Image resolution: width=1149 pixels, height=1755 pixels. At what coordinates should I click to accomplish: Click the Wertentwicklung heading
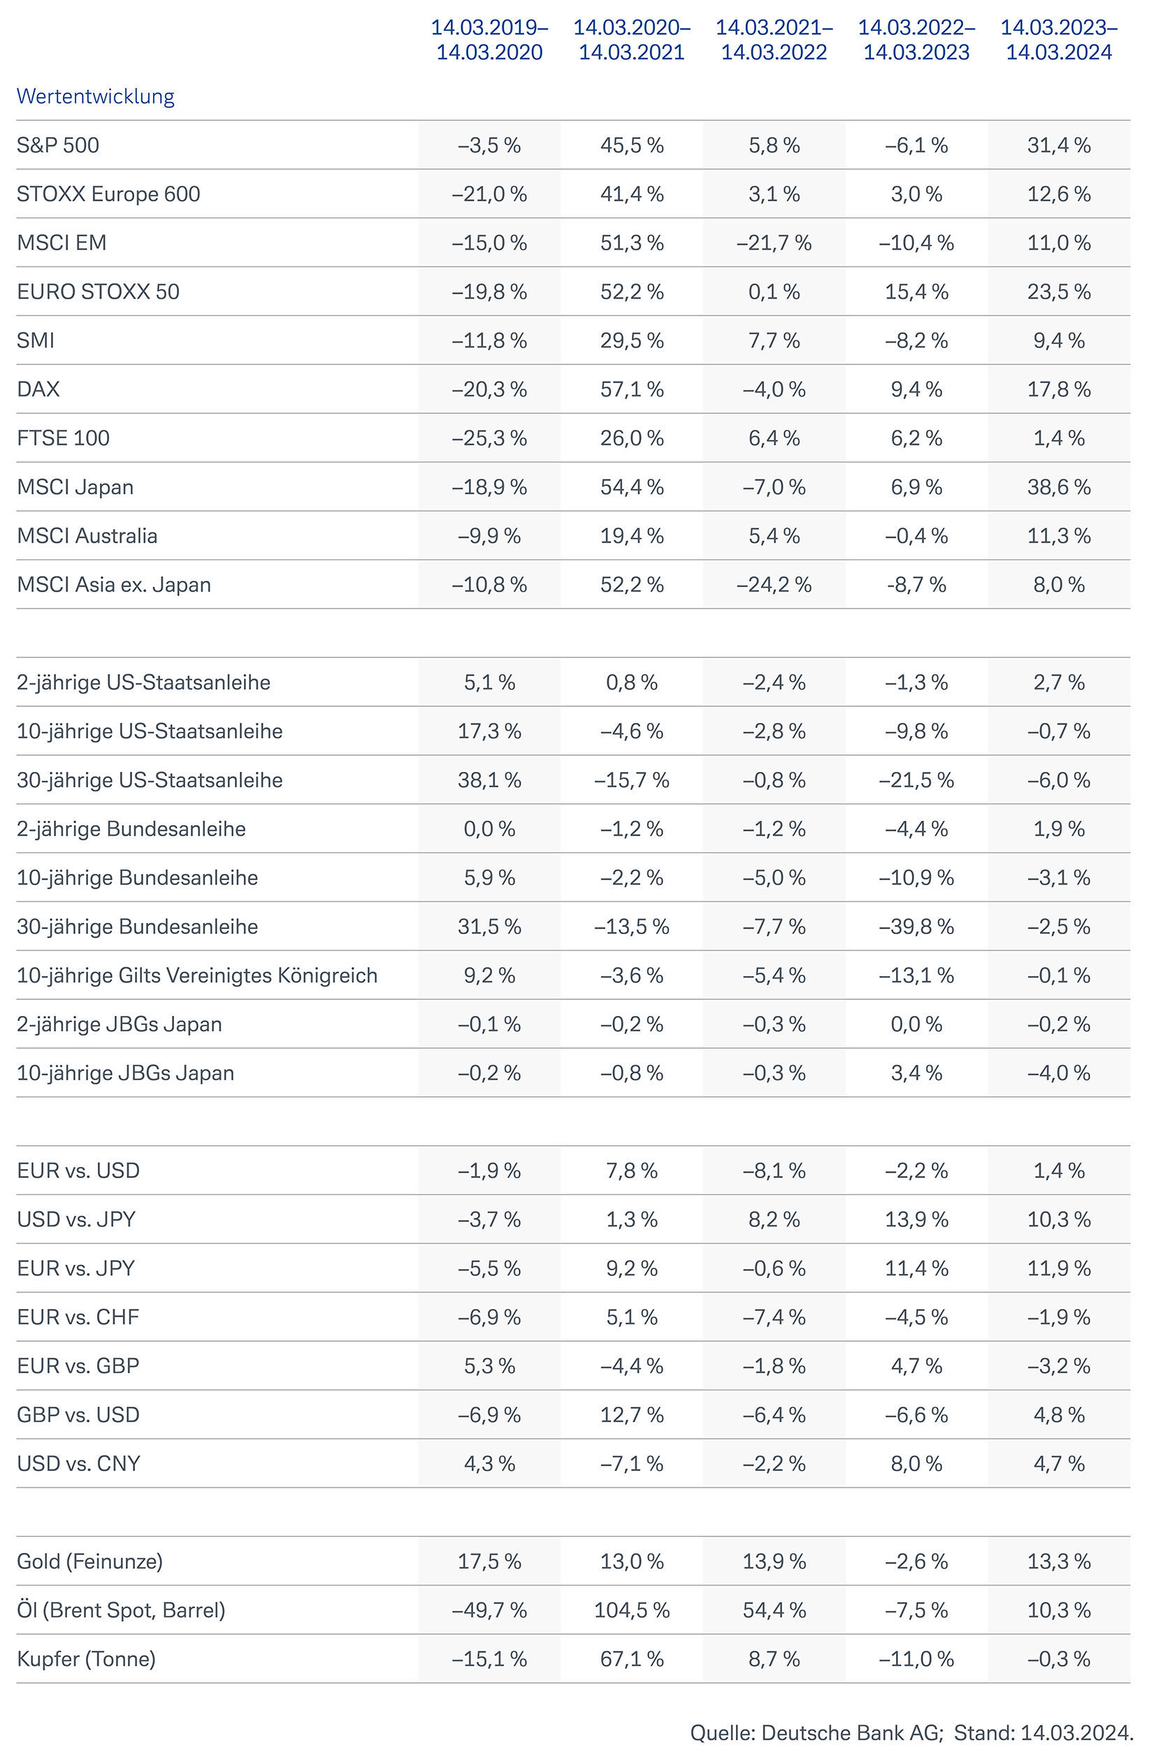(x=95, y=96)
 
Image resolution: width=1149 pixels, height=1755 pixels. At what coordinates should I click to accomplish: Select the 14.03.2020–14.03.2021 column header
(x=632, y=40)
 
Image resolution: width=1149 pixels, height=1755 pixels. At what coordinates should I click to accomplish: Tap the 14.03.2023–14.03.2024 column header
(x=1058, y=40)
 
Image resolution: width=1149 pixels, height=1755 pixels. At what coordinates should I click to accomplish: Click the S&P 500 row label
(x=57, y=145)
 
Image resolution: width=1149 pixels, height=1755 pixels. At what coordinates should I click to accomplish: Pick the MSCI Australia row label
(x=87, y=536)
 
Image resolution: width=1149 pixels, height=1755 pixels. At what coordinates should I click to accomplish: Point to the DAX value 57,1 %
(x=632, y=389)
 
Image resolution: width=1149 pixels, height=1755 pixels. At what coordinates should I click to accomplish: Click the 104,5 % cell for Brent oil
(x=632, y=1610)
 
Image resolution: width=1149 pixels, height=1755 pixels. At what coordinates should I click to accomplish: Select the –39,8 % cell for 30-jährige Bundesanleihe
(x=916, y=927)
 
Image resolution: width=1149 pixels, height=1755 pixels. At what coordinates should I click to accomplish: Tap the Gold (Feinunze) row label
(x=90, y=1561)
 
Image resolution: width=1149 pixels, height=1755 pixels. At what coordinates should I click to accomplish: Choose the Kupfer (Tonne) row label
(x=86, y=1659)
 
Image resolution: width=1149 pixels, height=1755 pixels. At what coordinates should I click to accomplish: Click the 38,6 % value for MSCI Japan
(x=1058, y=487)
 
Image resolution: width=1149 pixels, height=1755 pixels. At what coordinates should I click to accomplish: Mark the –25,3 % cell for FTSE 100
(x=489, y=439)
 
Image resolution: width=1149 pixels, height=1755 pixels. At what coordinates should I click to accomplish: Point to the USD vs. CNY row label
(x=78, y=1463)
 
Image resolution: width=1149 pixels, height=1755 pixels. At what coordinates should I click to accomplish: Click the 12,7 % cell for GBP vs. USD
(x=632, y=1415)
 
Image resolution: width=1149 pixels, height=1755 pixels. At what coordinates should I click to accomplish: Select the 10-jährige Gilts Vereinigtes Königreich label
(x=197, y=975)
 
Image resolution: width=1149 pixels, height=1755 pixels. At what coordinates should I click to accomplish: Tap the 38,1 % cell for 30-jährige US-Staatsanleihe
(x=489, y=780)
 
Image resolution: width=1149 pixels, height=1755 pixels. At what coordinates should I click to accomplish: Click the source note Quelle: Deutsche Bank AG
(x=816, y=1732)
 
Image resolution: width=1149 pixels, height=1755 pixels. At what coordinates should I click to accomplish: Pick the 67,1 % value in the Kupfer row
(x=632, y=1659)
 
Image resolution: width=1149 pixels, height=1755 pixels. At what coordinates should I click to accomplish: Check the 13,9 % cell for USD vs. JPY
(x=916, y=1219)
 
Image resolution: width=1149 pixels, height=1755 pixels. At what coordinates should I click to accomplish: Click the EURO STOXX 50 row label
(x=98, y=292)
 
